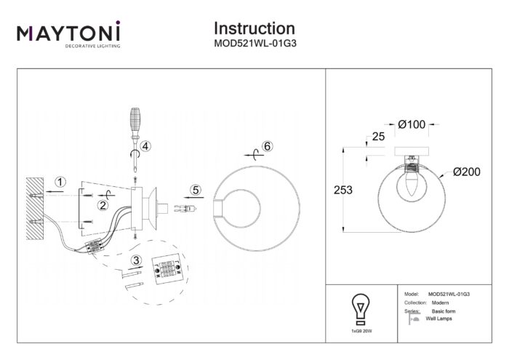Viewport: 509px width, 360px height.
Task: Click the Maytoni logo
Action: point(68,35)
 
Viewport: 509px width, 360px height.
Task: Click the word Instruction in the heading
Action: point(254,29)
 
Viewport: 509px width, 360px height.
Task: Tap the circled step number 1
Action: point(61,181)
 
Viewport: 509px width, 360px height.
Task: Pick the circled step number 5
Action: point(195,191)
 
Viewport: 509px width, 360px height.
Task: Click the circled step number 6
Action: point(267,146)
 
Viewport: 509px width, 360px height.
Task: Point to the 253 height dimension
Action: point(342,191)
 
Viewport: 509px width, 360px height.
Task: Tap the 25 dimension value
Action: point(377,136)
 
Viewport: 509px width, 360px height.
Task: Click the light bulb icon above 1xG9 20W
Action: point(359,307)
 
